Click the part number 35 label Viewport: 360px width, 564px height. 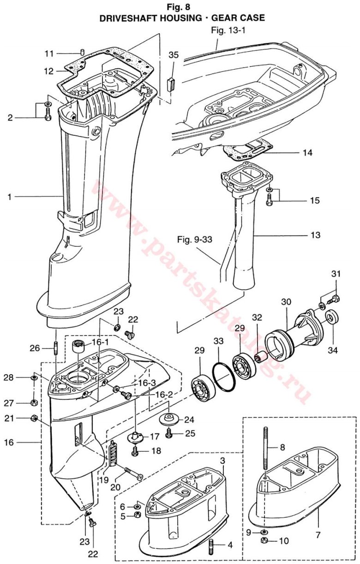(x=173, y=54)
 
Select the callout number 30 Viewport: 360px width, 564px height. (x=286, y=301)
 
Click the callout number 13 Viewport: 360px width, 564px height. (x=315, y=235)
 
